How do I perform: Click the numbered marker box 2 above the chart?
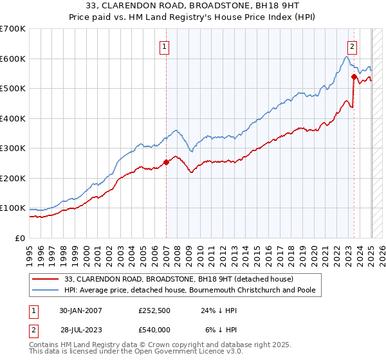[353, 46]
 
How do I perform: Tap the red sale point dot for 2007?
[166, 163]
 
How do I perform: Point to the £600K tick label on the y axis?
[13, 59]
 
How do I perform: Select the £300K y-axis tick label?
[13, 148]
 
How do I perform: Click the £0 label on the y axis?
[19, 239]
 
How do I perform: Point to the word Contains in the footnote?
[45, 345]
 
